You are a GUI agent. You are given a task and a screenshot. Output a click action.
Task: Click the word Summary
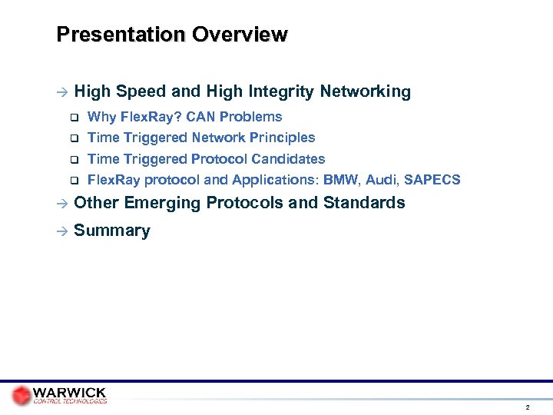[x=112, y=231]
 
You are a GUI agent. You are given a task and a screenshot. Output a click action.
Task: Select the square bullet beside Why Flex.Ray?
[x=75, y=118]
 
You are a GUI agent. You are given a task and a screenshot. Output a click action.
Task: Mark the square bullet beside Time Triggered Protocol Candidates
[x=75, y=160]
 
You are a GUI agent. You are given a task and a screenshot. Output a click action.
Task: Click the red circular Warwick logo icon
[x=22, y=395]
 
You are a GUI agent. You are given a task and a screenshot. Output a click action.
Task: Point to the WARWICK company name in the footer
[x=70, y=392]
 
